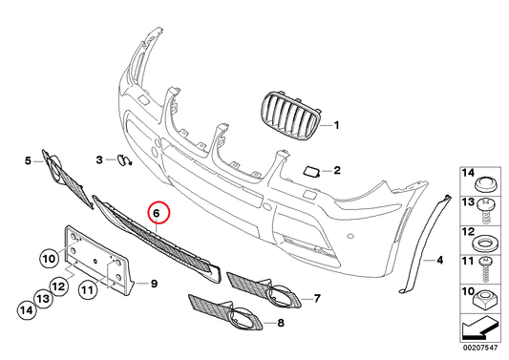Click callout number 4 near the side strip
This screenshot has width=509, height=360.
point(440,260)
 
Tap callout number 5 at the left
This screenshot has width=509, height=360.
point(27,161)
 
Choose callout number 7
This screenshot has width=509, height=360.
point(317,299)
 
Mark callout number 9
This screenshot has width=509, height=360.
point(153,283)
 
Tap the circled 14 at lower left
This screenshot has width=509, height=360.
point(24,307)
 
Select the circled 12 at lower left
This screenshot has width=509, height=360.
point(56,284)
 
